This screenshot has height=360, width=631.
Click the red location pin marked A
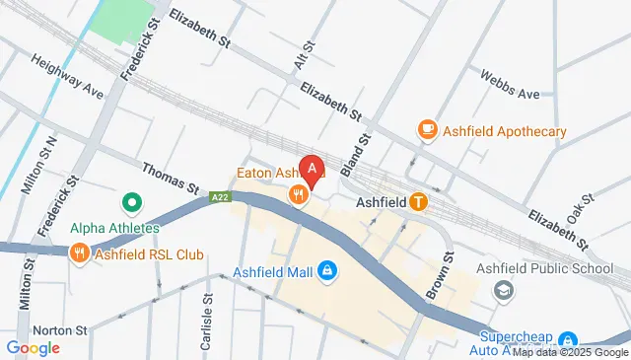click(x=313, y=171)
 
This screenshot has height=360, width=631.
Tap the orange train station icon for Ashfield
click(x=418, y=202)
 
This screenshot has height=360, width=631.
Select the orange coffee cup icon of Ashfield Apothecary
click(x=427, y=130)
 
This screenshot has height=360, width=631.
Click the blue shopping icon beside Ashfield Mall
click(x=327, y=269)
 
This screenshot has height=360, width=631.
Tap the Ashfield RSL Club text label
click(x=150, y=254)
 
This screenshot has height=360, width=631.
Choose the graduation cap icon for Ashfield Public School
click(x=504, y=290)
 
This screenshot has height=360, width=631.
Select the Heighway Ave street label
click(x=67, y=76)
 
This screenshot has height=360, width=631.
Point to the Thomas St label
click(x=171, y=177)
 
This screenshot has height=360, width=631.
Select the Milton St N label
click(x=46, y=166)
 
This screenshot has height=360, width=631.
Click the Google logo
click(x=33, y=347)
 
